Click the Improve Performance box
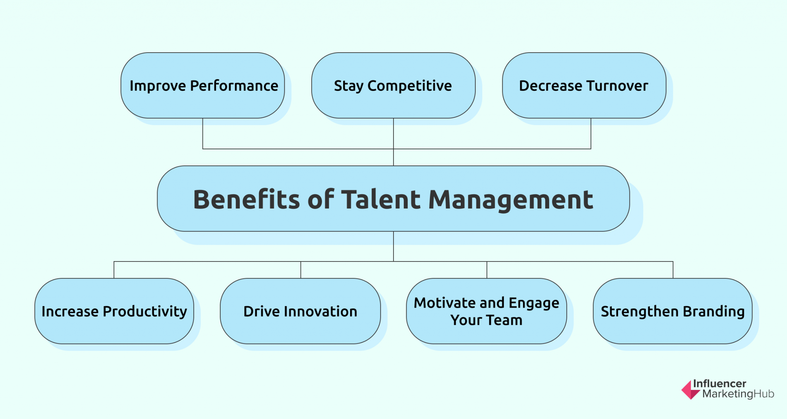click(x=203, y=85)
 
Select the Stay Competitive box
click(x=393, y=85)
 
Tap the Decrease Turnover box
click(x=584, y=85)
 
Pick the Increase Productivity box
click(x=114, y=311)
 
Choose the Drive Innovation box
click(x=301, y=311)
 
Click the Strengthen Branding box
click(x=672, y=311)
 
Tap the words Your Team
click(x=486, y=320)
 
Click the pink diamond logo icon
click(x=691, y=389)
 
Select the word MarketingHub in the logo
click(x=738, y=394)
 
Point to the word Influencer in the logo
click(x=720, y=384)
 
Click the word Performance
click(x=234, y=86)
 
